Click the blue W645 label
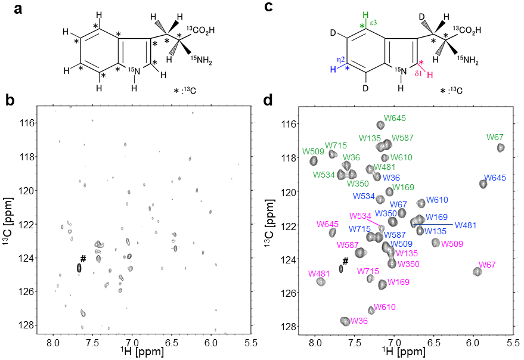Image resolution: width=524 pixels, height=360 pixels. tap(495, 178)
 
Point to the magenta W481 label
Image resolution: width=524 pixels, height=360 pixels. tap(319, 274)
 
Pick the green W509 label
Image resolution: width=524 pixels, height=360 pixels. tap(314, 151)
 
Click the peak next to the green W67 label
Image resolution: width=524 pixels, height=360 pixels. tap(501, 148)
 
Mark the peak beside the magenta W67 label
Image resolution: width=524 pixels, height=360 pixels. tap(477, 272)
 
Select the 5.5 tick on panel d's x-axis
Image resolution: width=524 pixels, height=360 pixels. tap(511, 338)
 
